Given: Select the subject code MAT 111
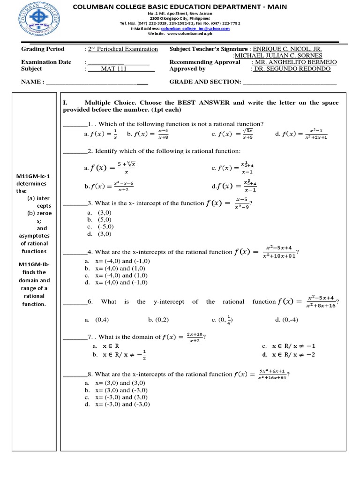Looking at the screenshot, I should click(114, 69).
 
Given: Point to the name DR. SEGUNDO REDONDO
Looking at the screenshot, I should click(292, 69).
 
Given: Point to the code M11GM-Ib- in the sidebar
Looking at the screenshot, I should click(35, 264).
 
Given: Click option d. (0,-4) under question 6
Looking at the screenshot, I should click(286, 320).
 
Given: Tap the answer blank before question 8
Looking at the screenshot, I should click(75, 375).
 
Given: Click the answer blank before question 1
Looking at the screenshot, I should click(75, 124).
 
